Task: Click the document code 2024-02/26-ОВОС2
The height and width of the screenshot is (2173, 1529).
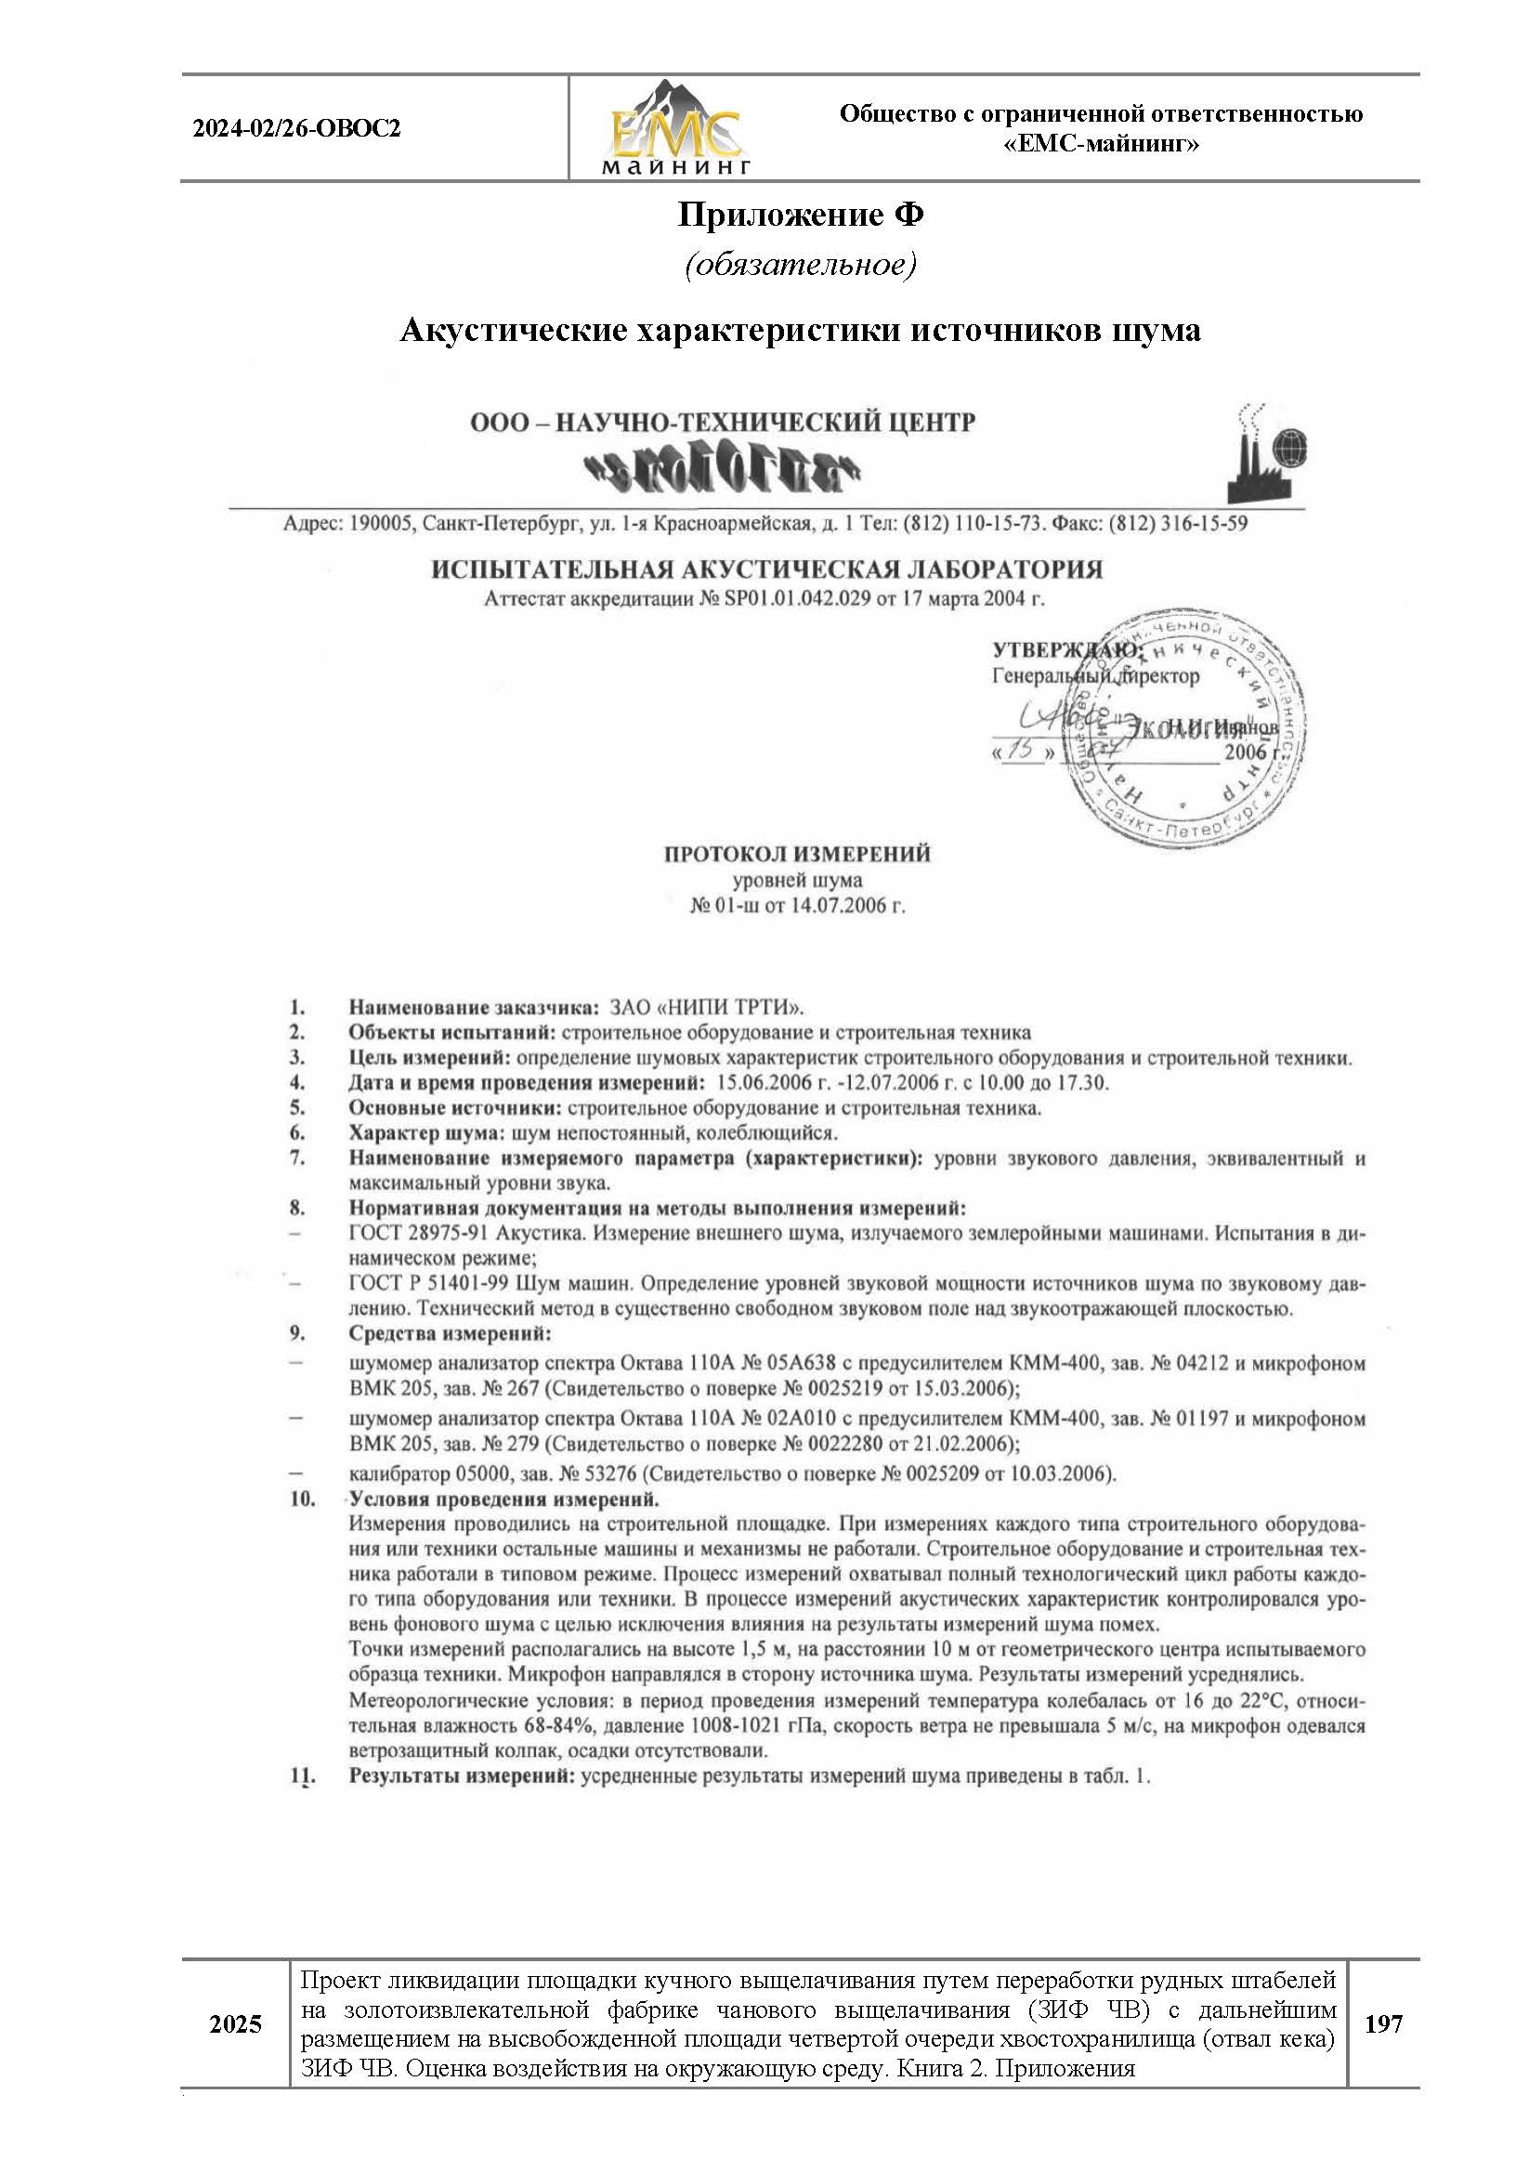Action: pos(296,128)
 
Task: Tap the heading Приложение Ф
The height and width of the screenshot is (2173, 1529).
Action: pos(801,216)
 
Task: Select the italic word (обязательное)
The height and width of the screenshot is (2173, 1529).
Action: pos(801,265)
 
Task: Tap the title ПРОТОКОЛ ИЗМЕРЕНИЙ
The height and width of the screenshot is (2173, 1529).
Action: pos(797,854)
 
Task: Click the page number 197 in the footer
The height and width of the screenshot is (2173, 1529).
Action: pos(1383,2025)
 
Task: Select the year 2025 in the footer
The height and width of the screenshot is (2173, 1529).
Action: pos(236,2025)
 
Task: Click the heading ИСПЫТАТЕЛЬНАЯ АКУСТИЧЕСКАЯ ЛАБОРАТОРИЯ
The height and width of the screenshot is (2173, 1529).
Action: pos(767,570)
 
